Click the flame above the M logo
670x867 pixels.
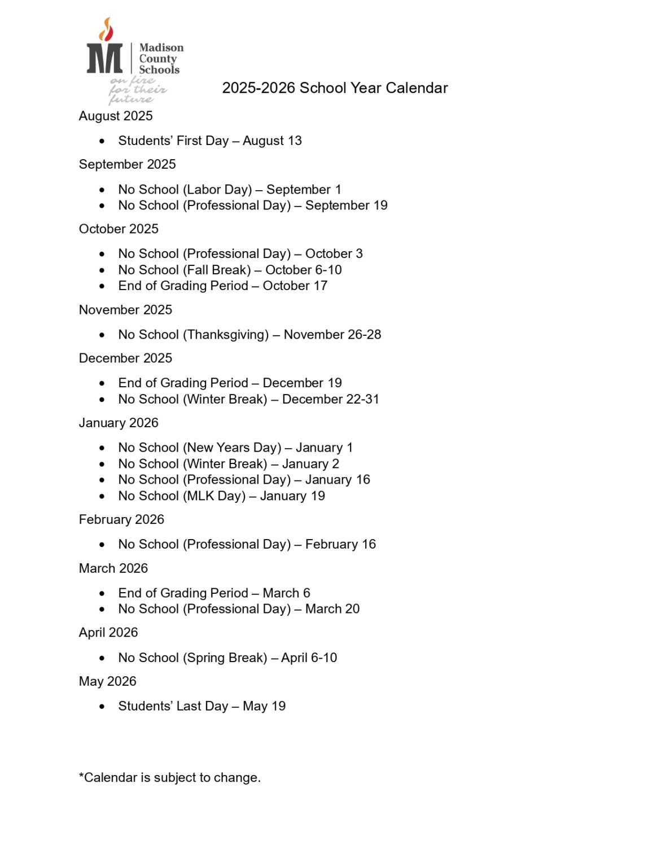pos(106,29)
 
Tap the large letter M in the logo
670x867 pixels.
pos(104,58)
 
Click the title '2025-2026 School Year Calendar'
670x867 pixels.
pos(335,88)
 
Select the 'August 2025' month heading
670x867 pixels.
pos(116,116)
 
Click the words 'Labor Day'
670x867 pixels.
pos(217,190)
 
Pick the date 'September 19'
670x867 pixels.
pos(346,205)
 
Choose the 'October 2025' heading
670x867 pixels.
pos(119,229)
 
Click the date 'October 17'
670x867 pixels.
pos(295,286)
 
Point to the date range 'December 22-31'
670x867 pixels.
pos(330,399)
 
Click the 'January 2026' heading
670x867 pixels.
pos(119,423)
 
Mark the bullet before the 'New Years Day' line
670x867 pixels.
pos(102,448)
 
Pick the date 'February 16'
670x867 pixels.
pos(340,545)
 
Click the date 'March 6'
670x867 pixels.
pos(286,593)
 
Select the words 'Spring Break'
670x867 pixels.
pos(225,658)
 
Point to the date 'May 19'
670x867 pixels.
pos(264,706)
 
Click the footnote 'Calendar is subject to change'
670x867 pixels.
pos(170,778)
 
